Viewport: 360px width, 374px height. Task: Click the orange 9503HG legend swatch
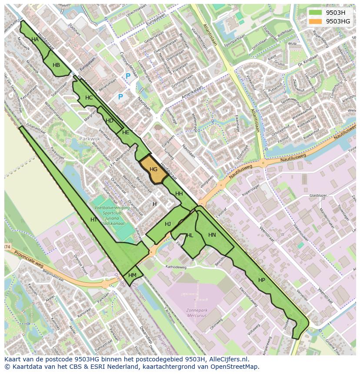pos(316,21)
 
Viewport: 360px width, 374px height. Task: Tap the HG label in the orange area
pos(153,169)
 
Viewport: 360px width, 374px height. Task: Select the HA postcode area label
pos(35,40)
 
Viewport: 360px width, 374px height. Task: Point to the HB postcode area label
pos(56,65)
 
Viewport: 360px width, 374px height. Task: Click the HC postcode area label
pos(89,98)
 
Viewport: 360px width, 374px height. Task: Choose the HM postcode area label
pos(133,275)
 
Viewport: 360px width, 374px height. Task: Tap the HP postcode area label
pos(261,280)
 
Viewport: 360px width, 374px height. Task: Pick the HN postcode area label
pos(212,235)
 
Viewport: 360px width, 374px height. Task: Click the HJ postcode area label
pos(168,224)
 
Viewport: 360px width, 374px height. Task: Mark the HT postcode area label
pos(93,220)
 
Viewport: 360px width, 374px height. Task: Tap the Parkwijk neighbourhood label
pos(90,139)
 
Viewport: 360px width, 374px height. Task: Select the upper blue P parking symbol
pos(128,76)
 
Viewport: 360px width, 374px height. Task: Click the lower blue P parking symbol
pos(120,97)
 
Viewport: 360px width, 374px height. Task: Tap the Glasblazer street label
pos(318,196)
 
